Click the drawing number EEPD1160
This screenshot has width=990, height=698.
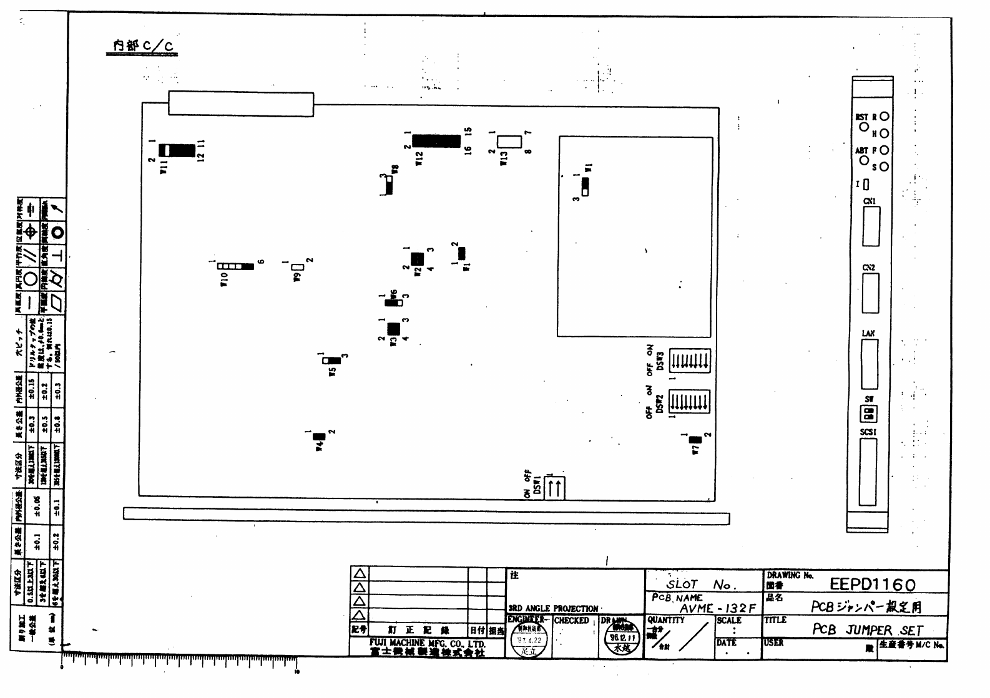pos(873,584)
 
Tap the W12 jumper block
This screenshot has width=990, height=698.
pos(436,141)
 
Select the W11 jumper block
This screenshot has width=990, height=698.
pos(177,150)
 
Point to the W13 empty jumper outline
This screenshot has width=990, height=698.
pos(509,141)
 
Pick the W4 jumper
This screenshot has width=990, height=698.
pos(319,436)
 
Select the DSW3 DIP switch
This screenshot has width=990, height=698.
pos(690,361)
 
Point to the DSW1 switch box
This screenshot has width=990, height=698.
pos(555,488)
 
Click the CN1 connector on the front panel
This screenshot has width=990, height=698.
pos(871,226)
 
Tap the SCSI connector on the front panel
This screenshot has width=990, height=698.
pos(868,472)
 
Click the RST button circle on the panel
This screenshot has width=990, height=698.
pos(864,127)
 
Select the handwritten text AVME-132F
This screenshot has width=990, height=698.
pos(718,608)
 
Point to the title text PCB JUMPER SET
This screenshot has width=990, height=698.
pos(867,629)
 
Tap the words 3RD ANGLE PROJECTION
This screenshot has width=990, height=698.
pos(553,608)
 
